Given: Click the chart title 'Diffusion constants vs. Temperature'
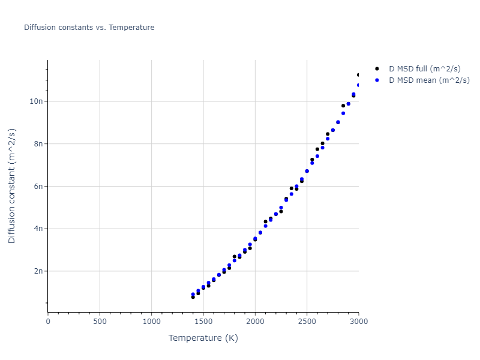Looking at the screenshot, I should pyautogui.click(x=89, y=28).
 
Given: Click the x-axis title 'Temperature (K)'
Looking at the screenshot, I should pyautogui.click(x=203, y=338).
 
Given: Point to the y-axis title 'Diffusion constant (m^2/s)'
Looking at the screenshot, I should pyautogui.click(x=12, y=186).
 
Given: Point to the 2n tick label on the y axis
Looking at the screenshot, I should pyautogui.click(x=38, y=271).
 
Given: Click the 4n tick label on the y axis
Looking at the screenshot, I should pyautogui.click(x=38, y=229).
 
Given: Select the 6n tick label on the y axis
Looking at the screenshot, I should pyautogui.click(x=38, y=186).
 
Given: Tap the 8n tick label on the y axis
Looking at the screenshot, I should pyautogui.click(x=38, y=144).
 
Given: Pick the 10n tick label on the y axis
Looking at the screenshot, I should pyautogui.click(x=37, y=101).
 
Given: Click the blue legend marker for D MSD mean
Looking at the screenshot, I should pyautogui.click(x=377, y=80).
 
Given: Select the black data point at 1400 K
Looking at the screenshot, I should pyautogui.click(x=193, y=297).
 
